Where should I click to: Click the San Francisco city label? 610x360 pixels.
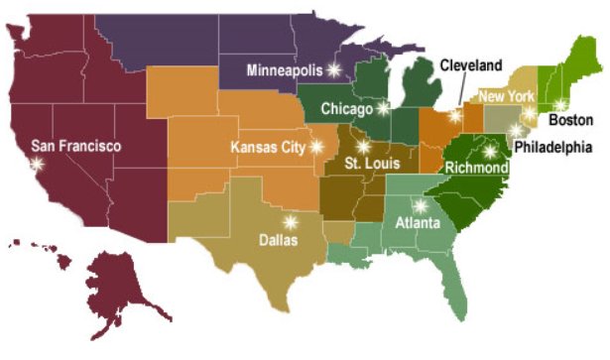pos(76,146)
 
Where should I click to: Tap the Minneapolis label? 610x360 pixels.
pos(286,70)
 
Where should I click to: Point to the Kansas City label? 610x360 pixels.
pos(268,147)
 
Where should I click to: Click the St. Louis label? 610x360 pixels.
pos(368,163)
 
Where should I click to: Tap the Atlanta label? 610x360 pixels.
pos(417,223)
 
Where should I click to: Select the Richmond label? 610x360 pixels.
pos(476,169)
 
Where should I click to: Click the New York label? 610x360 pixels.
pos(507,96)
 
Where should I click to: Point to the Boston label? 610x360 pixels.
pos(570,120)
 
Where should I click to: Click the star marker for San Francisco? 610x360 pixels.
pos(39,164)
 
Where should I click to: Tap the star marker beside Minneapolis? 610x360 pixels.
pos(334,69)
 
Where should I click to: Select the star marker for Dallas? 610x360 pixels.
pos(290,221)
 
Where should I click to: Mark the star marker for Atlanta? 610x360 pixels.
pos(420,205)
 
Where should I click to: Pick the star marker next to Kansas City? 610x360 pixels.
pos(316,146)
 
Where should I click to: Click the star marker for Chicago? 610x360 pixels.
pos(383,107)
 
